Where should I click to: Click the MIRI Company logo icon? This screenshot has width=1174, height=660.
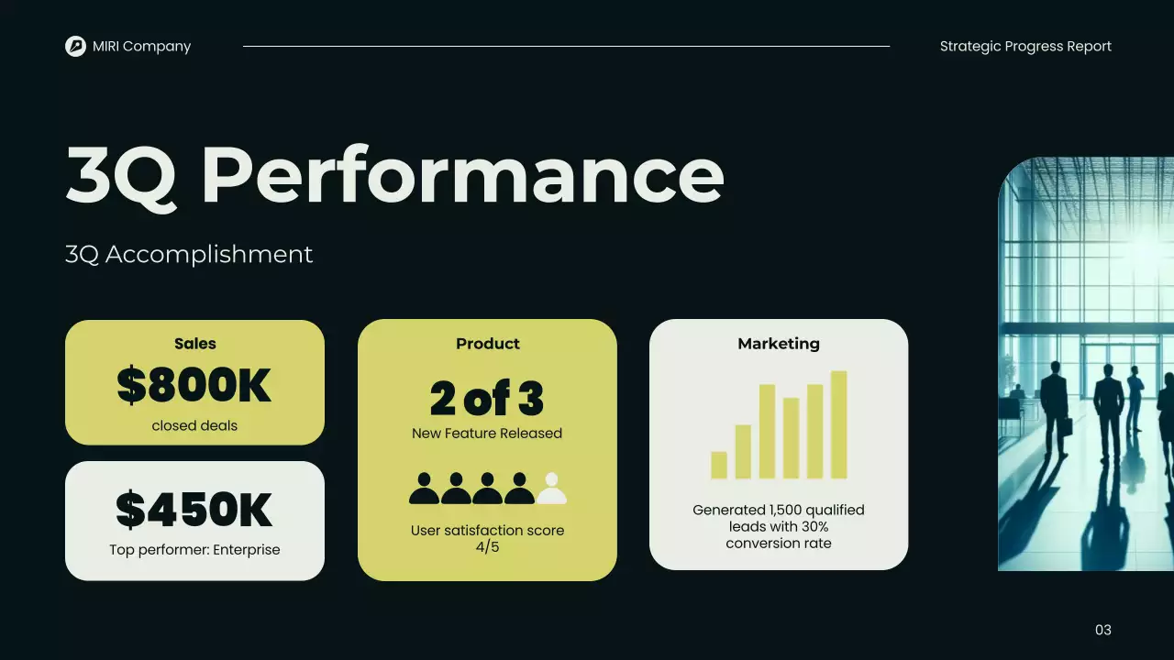[75, 46]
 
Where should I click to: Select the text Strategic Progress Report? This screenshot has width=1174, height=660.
[1025, 46]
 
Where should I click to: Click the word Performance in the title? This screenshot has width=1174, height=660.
[461, 175]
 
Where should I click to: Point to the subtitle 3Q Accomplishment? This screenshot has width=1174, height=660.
[189, 254]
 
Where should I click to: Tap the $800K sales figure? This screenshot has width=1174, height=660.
[194, 386]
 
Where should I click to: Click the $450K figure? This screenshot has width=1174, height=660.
[194, 511]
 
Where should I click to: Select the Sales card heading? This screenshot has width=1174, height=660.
[194, 344]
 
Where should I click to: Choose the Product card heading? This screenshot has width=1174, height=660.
[487, 344]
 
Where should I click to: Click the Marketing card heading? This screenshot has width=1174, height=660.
[779, 344]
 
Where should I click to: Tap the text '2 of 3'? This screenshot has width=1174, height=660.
[487, 399]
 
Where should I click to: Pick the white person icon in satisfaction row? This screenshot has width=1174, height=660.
[551, 489]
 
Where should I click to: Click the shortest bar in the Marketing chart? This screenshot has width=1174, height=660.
[719, 465]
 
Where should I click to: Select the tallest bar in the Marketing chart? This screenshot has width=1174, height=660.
[838, 424]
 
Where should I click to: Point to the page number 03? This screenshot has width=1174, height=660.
[1103, 630]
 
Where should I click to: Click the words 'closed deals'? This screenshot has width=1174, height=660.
[194, 425]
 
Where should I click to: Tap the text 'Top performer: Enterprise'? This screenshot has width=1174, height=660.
[194, 550]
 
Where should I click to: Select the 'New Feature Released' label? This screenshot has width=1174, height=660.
[487, 433]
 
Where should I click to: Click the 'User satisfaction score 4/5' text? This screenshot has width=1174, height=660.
[487, 539]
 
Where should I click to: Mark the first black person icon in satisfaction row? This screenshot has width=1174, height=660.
[424, 489]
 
